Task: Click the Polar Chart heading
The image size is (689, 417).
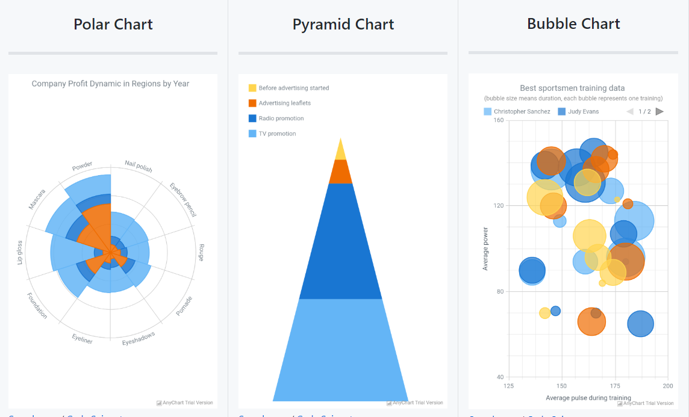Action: pos(113,25)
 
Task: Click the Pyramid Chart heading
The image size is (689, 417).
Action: pos(343,25)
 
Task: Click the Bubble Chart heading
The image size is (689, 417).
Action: pos(573,24)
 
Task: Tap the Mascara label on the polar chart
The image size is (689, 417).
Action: pos(37,199)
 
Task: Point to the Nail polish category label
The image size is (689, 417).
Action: pos(139,166)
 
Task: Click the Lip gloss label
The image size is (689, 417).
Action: pos(20,252)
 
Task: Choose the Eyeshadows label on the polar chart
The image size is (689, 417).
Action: pos(139,338)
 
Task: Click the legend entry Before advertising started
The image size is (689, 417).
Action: pos(293,88)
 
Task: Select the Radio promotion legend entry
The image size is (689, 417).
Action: pos(281,119)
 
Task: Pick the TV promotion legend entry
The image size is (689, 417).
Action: pos(277,134)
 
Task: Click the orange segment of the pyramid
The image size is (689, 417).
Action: pos(341,172)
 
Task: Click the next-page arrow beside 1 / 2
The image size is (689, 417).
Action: pos(659,111)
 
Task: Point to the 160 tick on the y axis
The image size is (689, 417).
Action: pos(498,120)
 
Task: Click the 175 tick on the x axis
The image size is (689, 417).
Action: pos(615,386)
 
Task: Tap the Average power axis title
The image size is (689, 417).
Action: pos(485,249)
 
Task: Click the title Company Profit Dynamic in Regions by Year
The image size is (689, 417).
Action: pos(110,84)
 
